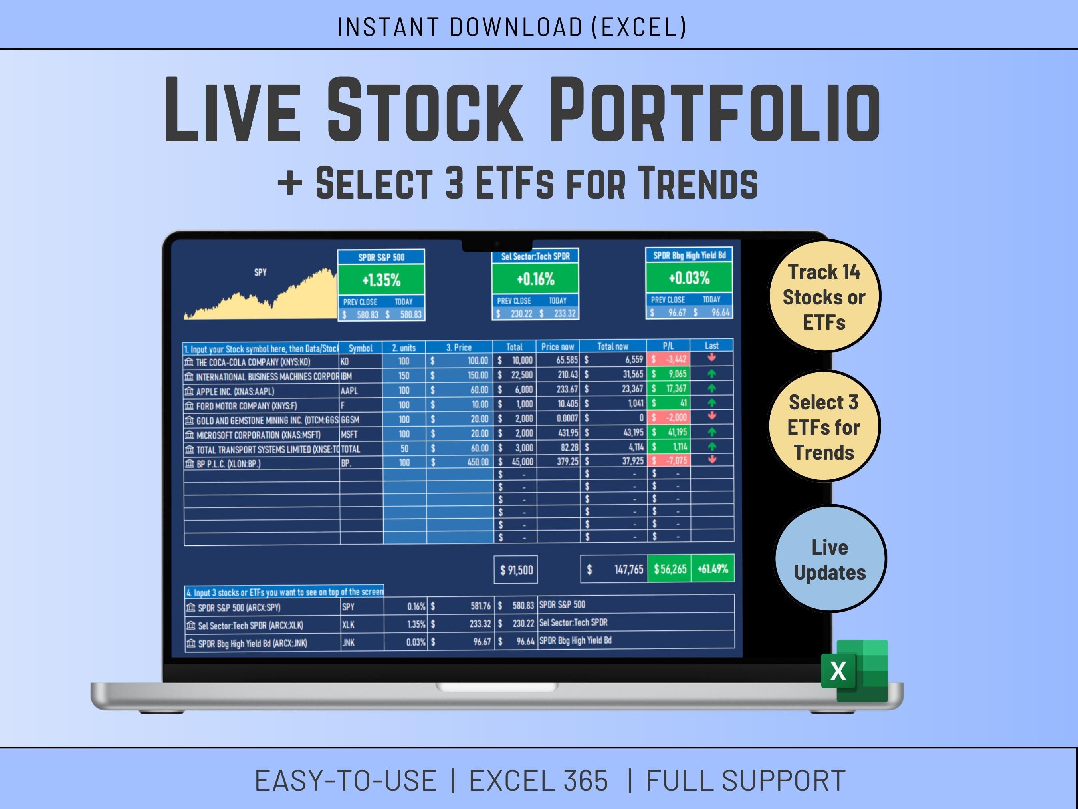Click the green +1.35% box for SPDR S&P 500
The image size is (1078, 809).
coord(381,280)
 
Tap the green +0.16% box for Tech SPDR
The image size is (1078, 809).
coord(535,279)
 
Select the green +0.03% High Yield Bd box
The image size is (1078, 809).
coord(689,278)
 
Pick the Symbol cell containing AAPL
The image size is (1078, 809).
coord(361,391)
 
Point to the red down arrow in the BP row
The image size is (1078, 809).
coord(712,459)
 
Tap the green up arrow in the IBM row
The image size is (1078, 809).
coord(712,374)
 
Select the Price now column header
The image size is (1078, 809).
coord(557,347)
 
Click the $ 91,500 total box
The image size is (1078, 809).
coord(516,570)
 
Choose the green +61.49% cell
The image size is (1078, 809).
coord(713,568)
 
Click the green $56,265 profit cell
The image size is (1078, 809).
coord(670,568)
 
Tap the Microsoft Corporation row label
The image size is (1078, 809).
coord(258,435)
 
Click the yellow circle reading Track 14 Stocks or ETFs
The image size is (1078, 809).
coord(824,296)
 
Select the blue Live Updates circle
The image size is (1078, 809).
coord(830,559)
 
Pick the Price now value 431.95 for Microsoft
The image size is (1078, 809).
coord(567,433)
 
